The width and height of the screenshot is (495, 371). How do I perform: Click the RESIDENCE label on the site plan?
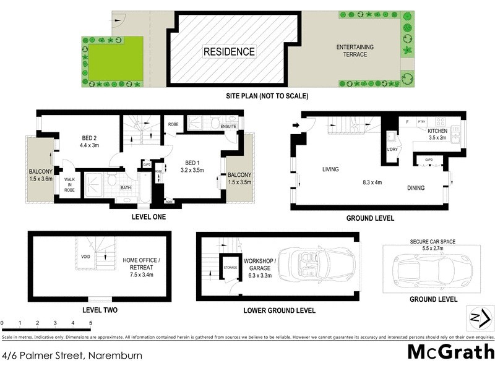click(x=229, y=52)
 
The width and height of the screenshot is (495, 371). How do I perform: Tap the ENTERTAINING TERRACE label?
click(x=351, y=51)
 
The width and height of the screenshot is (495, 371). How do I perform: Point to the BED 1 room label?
click(x=192, y=165)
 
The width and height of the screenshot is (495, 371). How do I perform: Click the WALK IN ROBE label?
click(x=69, y=184)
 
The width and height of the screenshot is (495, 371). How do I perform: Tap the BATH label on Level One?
click(x=126, y=188)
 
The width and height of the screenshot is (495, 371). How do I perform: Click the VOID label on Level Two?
click(x=86, y=257)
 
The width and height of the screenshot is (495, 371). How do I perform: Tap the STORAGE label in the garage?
click(x=230, y=268)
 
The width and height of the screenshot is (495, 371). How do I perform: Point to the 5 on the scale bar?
click(x=90, y=323)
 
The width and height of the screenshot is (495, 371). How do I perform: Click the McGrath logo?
click(x=450, y=352)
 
